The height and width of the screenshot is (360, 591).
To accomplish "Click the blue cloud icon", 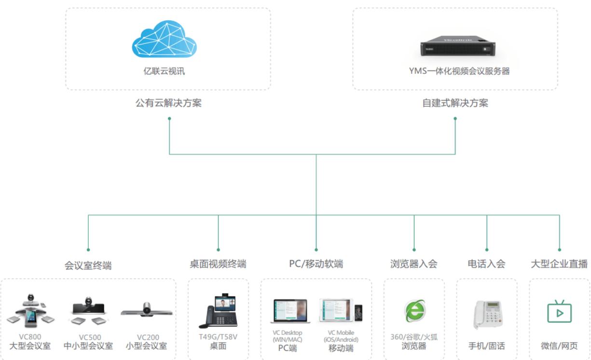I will tap(165, 40).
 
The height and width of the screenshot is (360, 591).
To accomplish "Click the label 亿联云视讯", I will tap(164, 72).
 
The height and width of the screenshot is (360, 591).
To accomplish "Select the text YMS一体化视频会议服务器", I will tap(459, 71).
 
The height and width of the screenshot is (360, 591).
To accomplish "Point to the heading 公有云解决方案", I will tap(168, 103).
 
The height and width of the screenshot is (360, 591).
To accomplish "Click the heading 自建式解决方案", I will tap(455, 103).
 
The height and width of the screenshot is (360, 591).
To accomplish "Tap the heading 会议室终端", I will tap(88, 265).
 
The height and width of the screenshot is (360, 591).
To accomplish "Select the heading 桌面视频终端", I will tap(218, 264).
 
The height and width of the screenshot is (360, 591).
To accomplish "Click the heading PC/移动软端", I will tap(316, 264).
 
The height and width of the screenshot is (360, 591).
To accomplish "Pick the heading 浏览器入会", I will tap(414, 264).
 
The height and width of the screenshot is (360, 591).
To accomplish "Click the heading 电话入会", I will tap(486, 264).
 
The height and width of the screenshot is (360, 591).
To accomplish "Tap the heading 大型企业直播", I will tap(559, 264).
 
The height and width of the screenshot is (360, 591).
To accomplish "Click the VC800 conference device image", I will tap(31, 310).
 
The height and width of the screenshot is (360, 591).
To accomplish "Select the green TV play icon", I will tap(560, 312).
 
